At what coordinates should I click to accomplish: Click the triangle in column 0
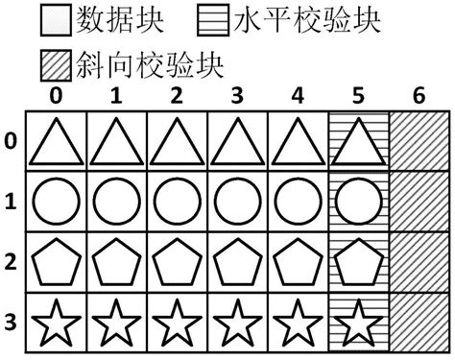57,142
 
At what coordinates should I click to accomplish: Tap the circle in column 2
177,203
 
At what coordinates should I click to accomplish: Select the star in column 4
298,320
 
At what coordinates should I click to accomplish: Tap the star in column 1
117,320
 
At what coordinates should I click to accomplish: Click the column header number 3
237,97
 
